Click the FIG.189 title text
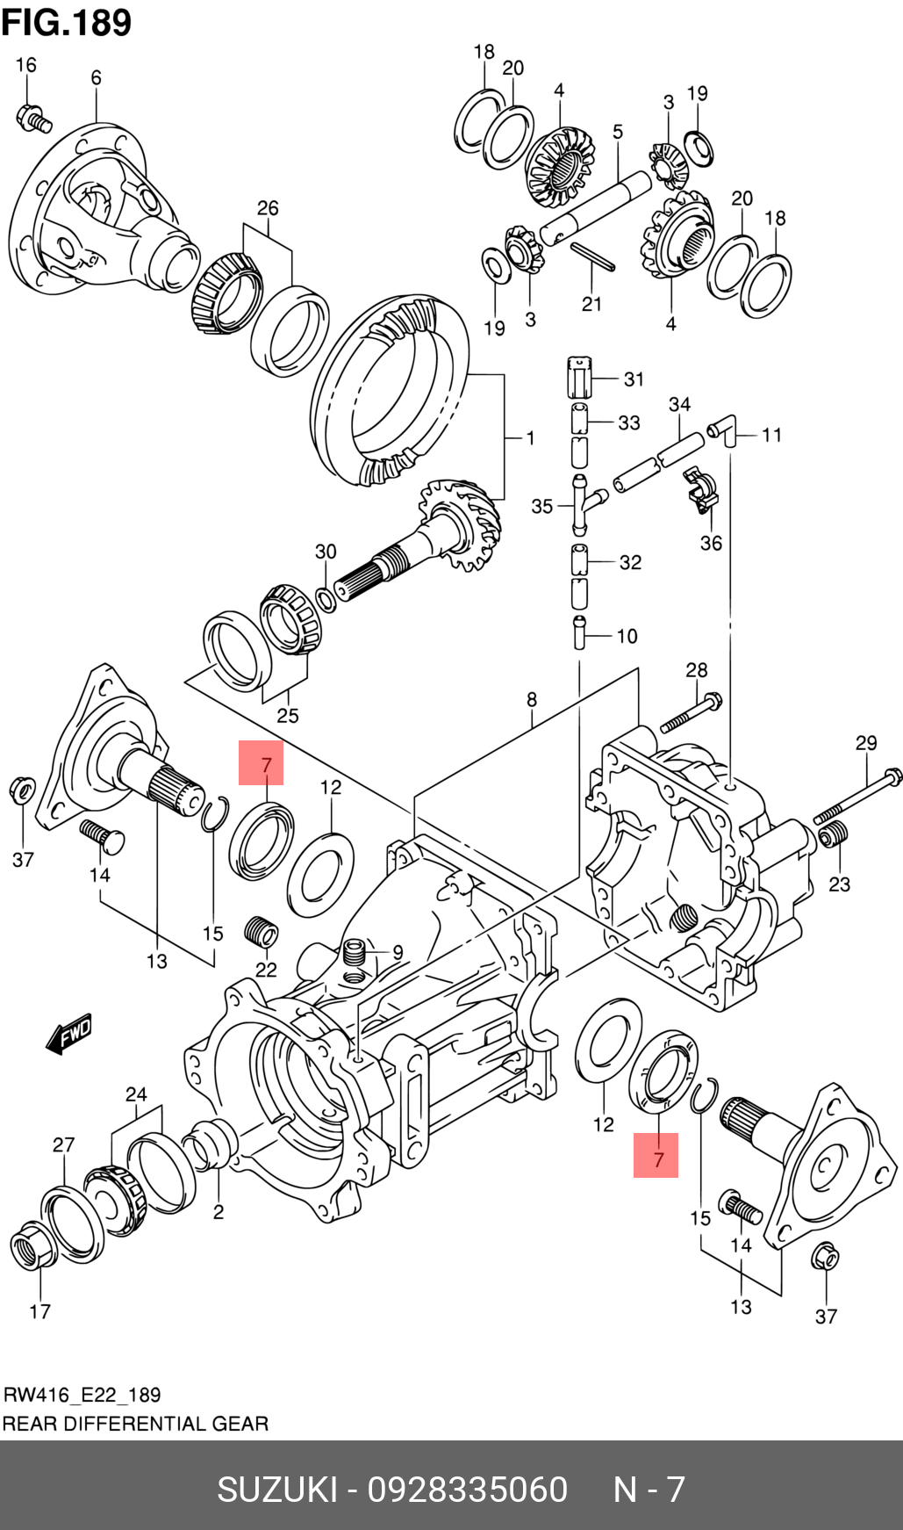[x=67, y=22]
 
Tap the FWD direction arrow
[x=69, y=1035]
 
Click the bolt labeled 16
[x=33, y=117]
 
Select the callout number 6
[x=96, y=77]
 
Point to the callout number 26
[x=268, y=208]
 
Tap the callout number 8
[x=532, y=700]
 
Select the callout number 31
[x=634, y=379]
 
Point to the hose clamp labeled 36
[x=701, y=491]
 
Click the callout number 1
[x=530, y=437]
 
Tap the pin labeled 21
[x=592, y=256]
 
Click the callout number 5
[x=618, y=132]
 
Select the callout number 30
[x=326, y=552]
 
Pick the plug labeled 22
[x=261, y=931]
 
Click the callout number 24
[x=136, y=1094]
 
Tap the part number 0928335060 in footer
[x=468, y=1490]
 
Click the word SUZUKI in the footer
[x=277, y=1490]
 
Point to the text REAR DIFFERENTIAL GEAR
[x=136, y=1424]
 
